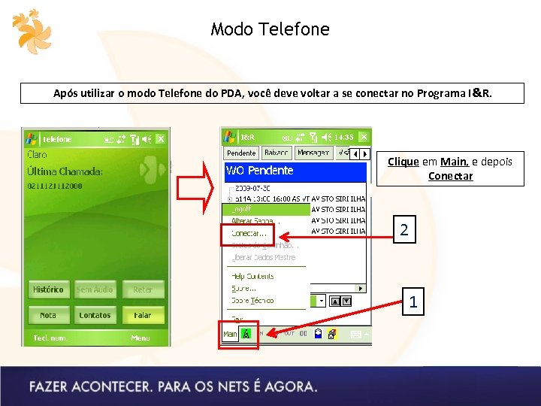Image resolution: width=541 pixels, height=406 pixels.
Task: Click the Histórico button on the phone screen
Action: (x=48, y=289)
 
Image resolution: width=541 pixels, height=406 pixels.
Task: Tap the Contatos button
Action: (x=95, y=316)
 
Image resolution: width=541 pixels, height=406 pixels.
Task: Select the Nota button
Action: (x=48, y=316)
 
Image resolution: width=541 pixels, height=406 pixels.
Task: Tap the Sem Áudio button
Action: (x=95, y=289)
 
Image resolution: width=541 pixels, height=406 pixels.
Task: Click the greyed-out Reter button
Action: (x=143, y=289)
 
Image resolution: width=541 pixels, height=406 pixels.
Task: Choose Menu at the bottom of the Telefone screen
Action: (x=141, y=338)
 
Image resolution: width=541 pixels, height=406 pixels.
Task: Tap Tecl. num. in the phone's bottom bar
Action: (x=50, y=338)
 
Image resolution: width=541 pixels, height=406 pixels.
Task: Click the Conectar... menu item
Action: (x=249, y=234)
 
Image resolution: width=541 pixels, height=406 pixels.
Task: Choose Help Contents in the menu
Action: (x=253, y=277)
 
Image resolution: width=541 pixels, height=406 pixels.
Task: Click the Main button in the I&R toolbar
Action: (x=230, y=334)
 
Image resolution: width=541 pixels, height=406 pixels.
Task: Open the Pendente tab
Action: (x=241, y=153)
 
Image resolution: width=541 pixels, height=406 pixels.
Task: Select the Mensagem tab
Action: (x=313, y=153)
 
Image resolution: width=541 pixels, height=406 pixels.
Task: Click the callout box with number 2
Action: (x=404, y=230)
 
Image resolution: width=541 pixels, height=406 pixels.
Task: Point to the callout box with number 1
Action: (x=413, y=303)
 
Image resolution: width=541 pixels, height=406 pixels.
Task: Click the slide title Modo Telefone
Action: (x=270, y=29)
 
